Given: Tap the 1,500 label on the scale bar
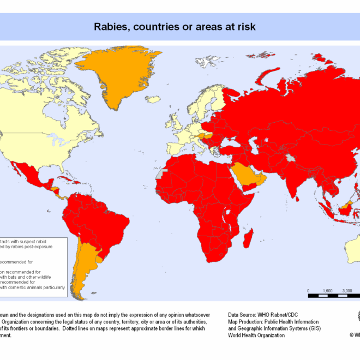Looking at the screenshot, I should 328,290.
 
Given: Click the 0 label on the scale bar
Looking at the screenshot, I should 309,290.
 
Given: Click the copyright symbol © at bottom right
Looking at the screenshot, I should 351,335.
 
